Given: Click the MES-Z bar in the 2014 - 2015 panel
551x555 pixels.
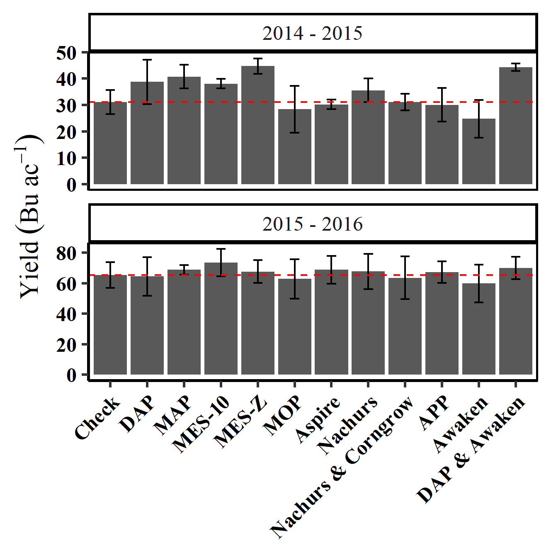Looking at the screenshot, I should [x=257, y=124].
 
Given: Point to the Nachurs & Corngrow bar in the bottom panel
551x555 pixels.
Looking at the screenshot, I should [x=405, y=326].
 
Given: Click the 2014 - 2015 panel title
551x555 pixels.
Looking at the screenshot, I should [x=313, y=33].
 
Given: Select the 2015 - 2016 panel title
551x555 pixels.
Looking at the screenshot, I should [x=313, y=224].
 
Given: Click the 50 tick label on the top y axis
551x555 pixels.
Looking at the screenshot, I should [x=67, y=53].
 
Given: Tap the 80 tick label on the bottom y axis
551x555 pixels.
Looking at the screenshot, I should [x=67, y=253].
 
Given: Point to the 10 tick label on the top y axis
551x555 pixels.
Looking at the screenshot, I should [x=67, y=158].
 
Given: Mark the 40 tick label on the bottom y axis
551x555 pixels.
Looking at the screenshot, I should [x=67, y=314].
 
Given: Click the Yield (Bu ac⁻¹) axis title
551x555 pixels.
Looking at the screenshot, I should [x=31, y=216].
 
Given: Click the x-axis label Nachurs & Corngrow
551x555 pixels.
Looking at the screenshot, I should [x=342, y=467].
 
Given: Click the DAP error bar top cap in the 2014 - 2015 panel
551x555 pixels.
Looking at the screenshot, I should [x=147, y=60].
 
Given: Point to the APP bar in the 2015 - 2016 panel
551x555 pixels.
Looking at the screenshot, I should [x=442, y=324].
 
